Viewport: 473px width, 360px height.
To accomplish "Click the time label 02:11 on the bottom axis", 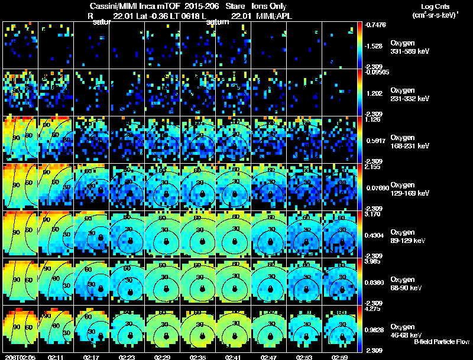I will coord(56,357).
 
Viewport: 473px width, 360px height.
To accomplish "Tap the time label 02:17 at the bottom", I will coord(92,357).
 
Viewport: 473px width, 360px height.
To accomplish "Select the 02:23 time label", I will coord(127,357).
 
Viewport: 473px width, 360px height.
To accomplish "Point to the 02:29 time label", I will coord(163,357).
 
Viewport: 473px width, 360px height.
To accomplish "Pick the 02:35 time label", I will coord(198,357).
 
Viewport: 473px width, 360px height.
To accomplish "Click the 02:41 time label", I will coord(234,357).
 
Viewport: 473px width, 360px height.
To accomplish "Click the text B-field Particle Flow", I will coord(442,342).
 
